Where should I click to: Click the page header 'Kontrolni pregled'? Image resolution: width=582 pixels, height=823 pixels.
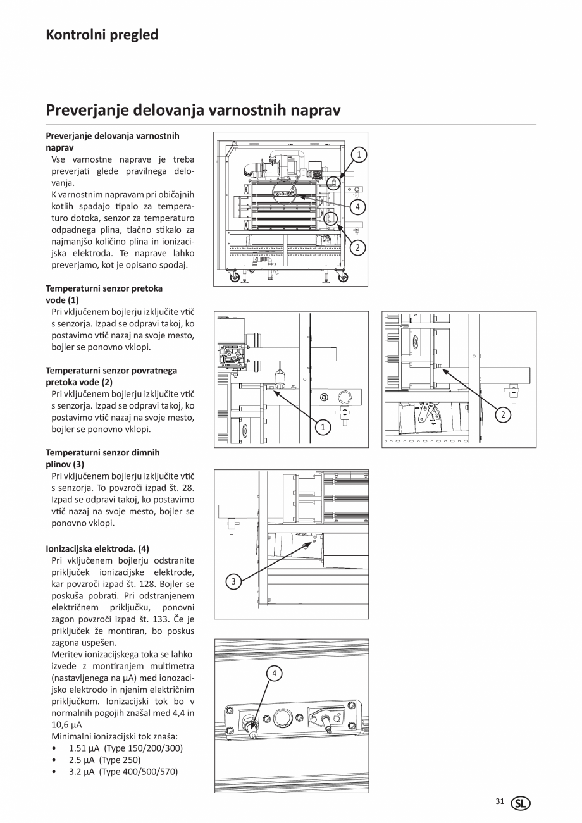click(102, 35)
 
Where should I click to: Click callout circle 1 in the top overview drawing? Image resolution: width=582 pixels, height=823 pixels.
click(359, 154)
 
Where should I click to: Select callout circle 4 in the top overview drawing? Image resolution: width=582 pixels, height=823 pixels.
click(357, 207)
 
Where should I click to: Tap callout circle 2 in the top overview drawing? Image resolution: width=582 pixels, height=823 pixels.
click(357, 247)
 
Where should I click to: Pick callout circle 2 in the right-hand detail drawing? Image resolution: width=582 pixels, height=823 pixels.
click(503, 415)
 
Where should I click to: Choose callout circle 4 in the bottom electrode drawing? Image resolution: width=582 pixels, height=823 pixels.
click(274, 674)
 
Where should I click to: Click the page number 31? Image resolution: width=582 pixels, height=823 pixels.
click(500, 801)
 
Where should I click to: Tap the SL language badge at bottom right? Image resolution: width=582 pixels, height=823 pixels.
click(521, 803)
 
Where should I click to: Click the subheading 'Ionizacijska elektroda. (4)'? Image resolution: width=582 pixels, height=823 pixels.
click(97, 548)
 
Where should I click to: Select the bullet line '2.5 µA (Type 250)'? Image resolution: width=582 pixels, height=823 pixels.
click(104, 760)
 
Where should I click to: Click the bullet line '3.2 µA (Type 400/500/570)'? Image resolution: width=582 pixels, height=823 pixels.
click(123, 772)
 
